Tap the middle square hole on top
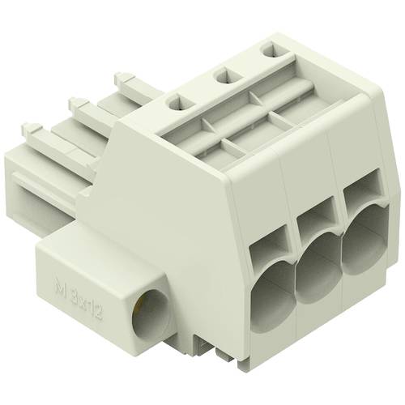coord(222,77)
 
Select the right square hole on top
coord(267,50)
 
